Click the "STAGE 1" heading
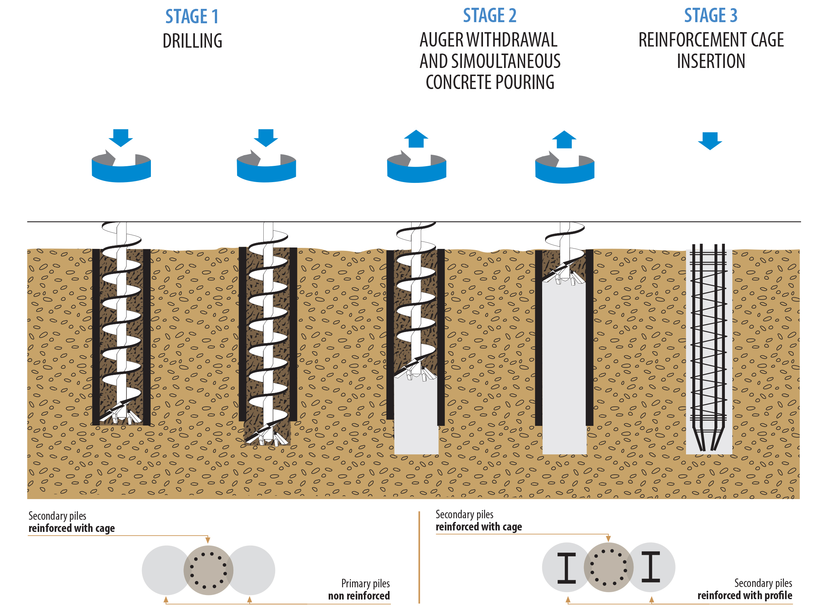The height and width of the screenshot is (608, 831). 192,17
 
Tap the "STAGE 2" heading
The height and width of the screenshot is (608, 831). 490,16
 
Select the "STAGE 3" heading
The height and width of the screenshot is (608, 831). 711,16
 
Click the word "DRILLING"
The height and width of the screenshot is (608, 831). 193,41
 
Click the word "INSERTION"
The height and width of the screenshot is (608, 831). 711,61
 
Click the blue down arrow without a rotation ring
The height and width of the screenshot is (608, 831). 710,141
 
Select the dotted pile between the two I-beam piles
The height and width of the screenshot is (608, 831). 609,567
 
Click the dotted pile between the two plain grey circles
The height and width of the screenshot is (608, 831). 209,570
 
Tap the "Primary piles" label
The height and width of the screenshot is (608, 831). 365,584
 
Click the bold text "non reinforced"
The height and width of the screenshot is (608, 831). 359,596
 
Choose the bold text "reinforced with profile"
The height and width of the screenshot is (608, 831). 745,595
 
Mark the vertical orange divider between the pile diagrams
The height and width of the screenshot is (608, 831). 419,557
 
